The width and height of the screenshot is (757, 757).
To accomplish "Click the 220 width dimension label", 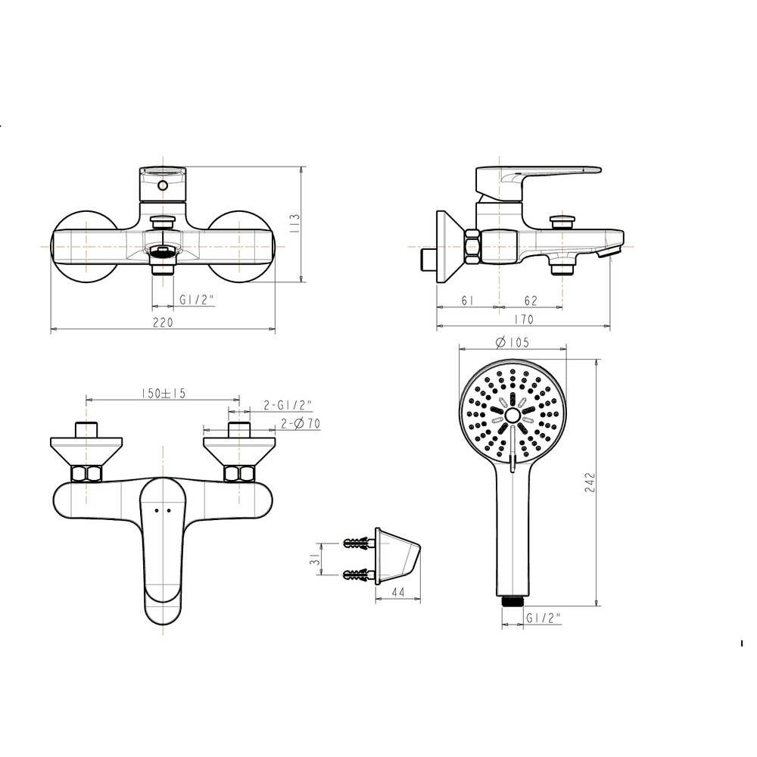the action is pyautogui.click(x=163, y=322).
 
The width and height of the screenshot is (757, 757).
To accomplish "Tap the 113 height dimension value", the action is pyautogui.click(x=295, y=224).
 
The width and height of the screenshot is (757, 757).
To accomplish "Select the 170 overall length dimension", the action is pyautogui.click(x=524, y=319).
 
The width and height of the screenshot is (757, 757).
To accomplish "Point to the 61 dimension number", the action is pyautogui.click(x=467, y=301).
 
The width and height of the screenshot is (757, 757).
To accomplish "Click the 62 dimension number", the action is pyautogui.click(x=531, y=301).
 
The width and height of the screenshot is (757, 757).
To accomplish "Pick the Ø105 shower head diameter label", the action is pyautogui.click(x=512, y=342).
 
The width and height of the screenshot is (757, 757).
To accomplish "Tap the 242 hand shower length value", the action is pyautogui.click(x=590, y=482).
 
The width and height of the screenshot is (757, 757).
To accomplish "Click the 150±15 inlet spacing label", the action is pyautogui.click(x=164, y=394).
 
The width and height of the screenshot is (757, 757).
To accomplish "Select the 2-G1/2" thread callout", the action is pyautogui.click(x=288, y=404).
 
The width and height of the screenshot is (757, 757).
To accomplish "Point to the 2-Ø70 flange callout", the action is pyautogui.click(x=301, y=423).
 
